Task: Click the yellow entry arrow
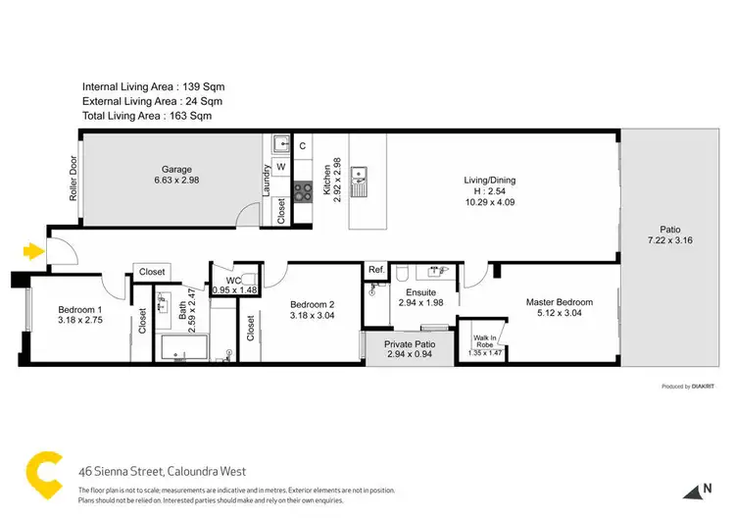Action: pos(33,252)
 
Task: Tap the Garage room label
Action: pos(177,170)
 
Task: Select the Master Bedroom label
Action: pos(558,302)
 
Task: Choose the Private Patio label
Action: pos(411,344)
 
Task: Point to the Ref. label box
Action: pos(376,270)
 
